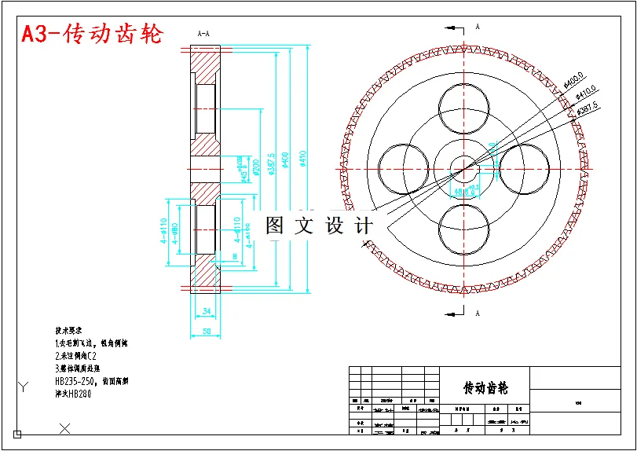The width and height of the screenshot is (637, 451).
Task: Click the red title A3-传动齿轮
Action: (x=92, y=35)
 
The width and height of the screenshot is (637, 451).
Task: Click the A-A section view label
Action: (x=203, y=34)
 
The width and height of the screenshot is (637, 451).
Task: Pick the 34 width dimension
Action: (x=207, y=312)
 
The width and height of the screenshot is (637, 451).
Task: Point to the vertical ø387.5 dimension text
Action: (x=271, y=166)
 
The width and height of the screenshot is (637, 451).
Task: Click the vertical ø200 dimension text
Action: (x=256, y=167)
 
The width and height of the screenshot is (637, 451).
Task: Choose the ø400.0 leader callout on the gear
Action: (x=574, y=81)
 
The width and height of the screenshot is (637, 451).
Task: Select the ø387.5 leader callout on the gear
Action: (x=587, y=108)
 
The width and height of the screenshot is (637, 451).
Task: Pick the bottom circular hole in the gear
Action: (x=463, y=229)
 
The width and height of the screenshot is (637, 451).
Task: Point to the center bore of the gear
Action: (x=462, y=167)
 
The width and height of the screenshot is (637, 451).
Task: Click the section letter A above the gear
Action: (x=477, y=27)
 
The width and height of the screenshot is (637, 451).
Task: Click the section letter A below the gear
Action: (x=477, y=313)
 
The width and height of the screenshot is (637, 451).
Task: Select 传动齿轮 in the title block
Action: (x=485, y=388)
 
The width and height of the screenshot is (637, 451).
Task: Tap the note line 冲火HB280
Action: (x=73, y=394)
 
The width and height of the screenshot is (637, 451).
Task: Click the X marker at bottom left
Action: (x=65, y=427)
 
